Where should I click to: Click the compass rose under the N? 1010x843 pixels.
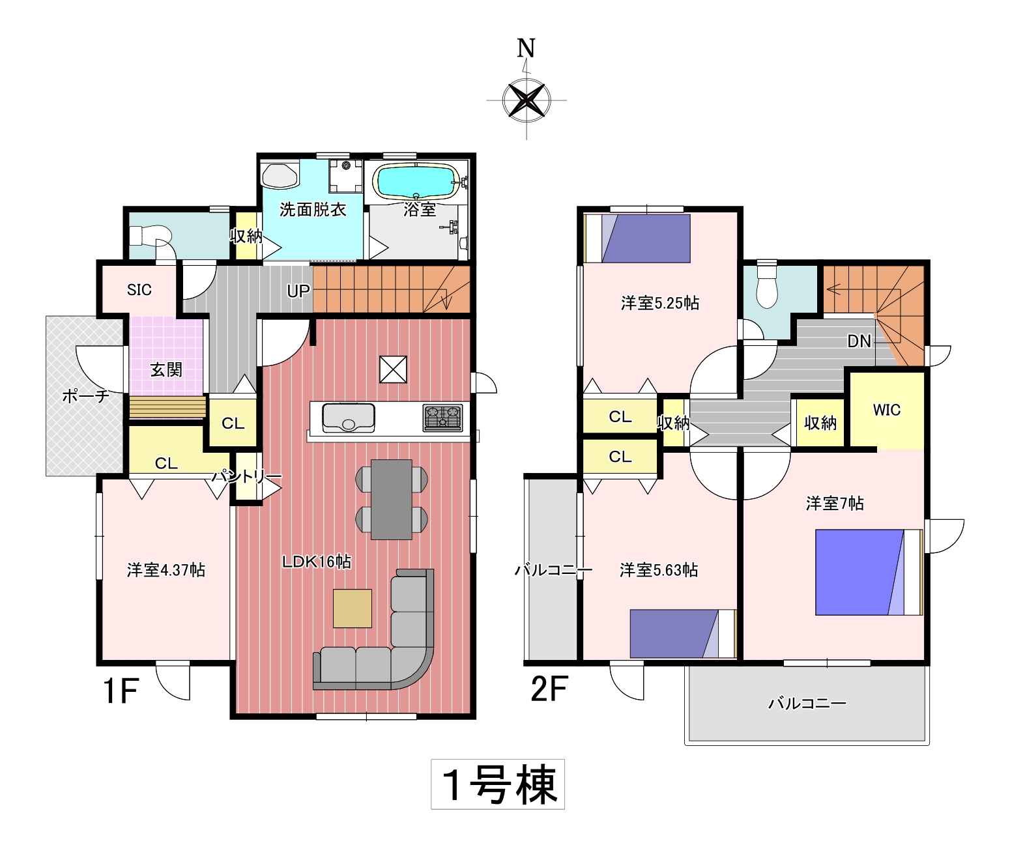point(527,100)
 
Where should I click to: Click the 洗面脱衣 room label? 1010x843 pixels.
point(313,209)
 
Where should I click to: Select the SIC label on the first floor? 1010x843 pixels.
point(139,290)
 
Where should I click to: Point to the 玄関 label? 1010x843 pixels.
point(166,369)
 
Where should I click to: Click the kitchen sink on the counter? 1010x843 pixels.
point(348,418)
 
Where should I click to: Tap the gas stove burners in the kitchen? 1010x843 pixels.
point(442,418)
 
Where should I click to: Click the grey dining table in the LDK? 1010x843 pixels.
point(392,499)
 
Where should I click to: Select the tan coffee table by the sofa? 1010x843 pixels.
point(352,608)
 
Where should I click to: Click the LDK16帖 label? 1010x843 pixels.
point(317,562)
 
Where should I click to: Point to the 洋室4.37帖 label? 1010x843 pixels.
point(166,570)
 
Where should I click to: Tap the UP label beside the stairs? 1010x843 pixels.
point(298,291)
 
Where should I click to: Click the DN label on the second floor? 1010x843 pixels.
point(859,341)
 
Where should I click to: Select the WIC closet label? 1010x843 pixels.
point(887,410)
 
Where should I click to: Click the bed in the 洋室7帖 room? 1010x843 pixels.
point(869,572)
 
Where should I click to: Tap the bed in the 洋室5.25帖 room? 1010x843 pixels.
point(637,238)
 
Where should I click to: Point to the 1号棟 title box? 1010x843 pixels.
point(498,784)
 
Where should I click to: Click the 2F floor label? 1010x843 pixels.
point(549,689)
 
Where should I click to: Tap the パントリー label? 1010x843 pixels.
point(246,477)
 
